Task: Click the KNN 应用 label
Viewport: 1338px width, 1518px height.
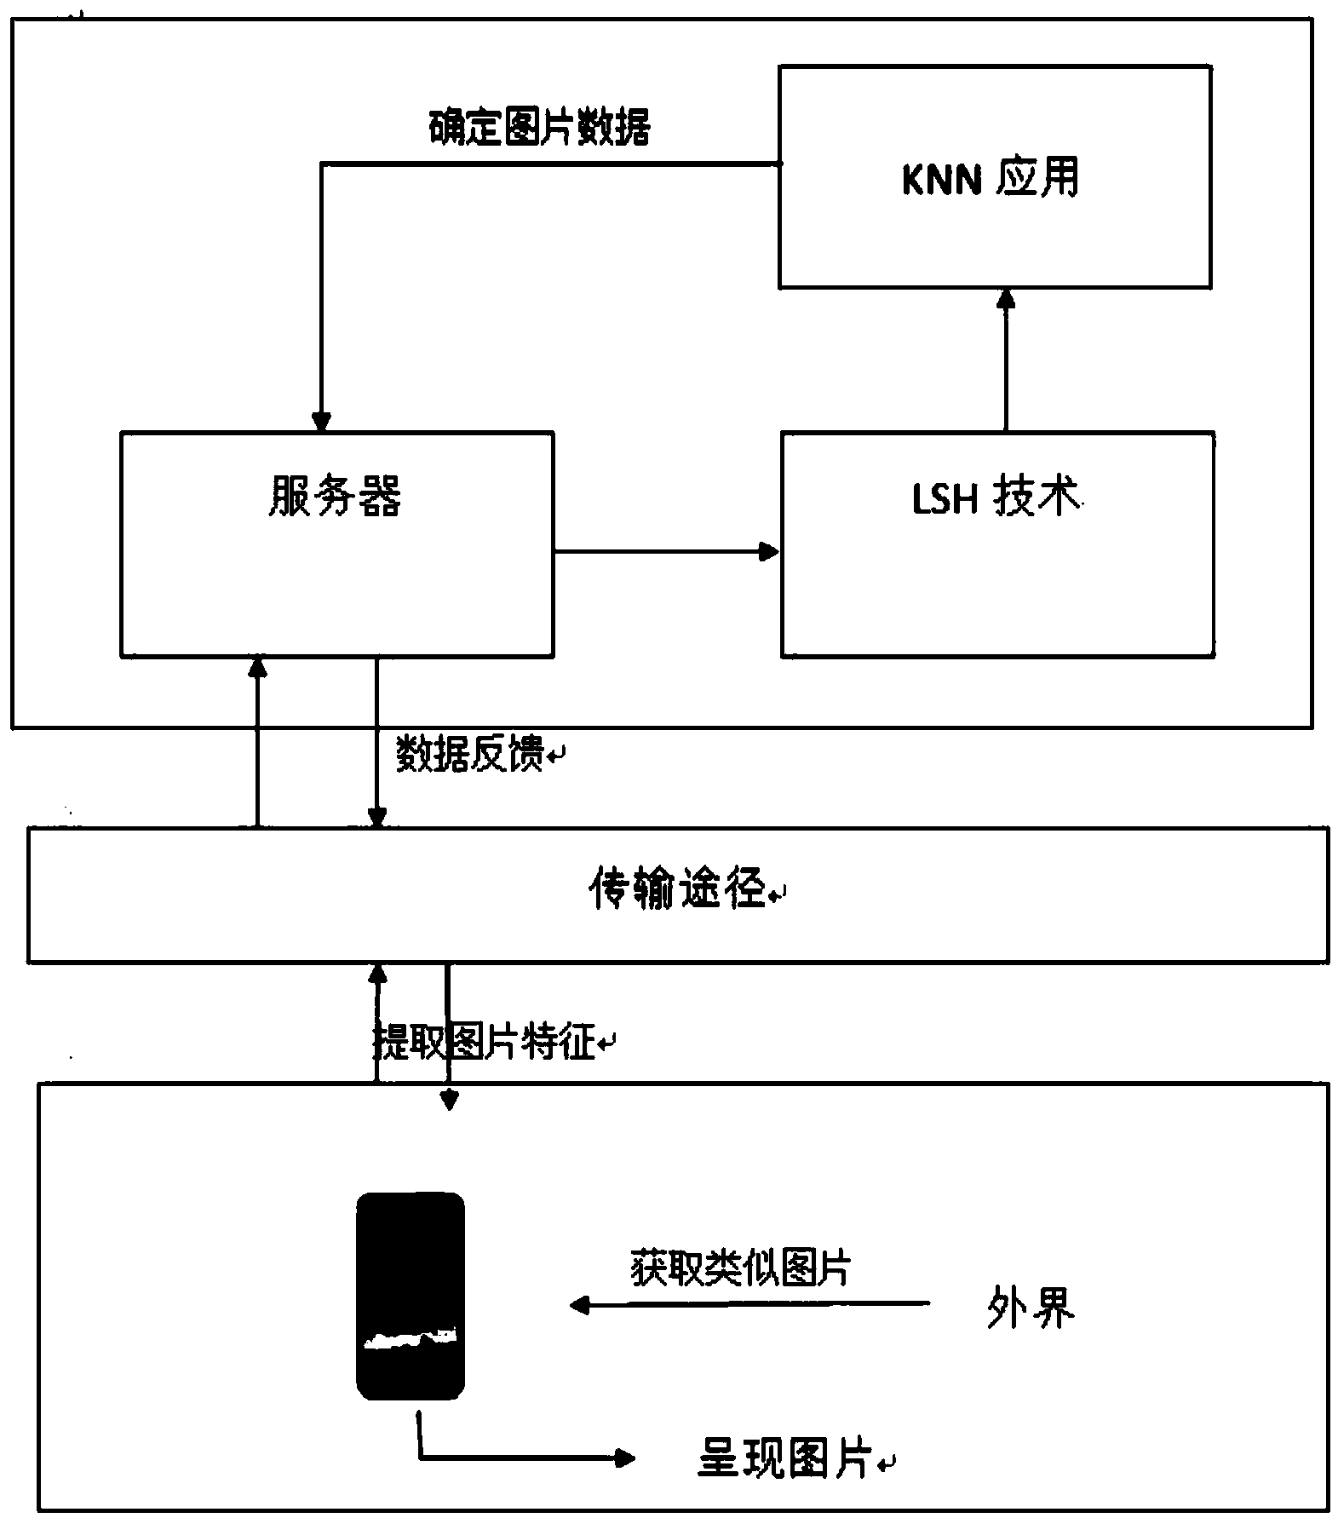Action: tap(991, 179)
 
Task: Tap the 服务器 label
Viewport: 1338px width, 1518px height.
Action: tap(335, 496)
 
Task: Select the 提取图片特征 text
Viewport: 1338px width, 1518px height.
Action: tap(485, 1041)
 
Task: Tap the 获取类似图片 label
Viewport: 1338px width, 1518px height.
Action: tap(740, 1267)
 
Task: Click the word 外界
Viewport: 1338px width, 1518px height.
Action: tap(1031, 1307)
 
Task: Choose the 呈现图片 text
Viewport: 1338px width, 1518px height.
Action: tap(786, 1458)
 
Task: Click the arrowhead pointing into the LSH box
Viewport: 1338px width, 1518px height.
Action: tap(769, 552)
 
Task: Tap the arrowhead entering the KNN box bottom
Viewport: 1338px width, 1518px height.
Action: tap(1006, 298)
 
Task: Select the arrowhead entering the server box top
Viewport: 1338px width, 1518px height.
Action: tap(321, 421)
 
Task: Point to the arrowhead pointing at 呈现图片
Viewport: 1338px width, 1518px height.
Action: tap(625, 1458)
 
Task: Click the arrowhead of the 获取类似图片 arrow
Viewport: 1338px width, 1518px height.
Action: tap(580, 1304)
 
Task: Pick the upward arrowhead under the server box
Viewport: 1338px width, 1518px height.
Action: tap(257, 667)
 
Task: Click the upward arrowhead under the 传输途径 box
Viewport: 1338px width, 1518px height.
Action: tap(376, 974)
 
